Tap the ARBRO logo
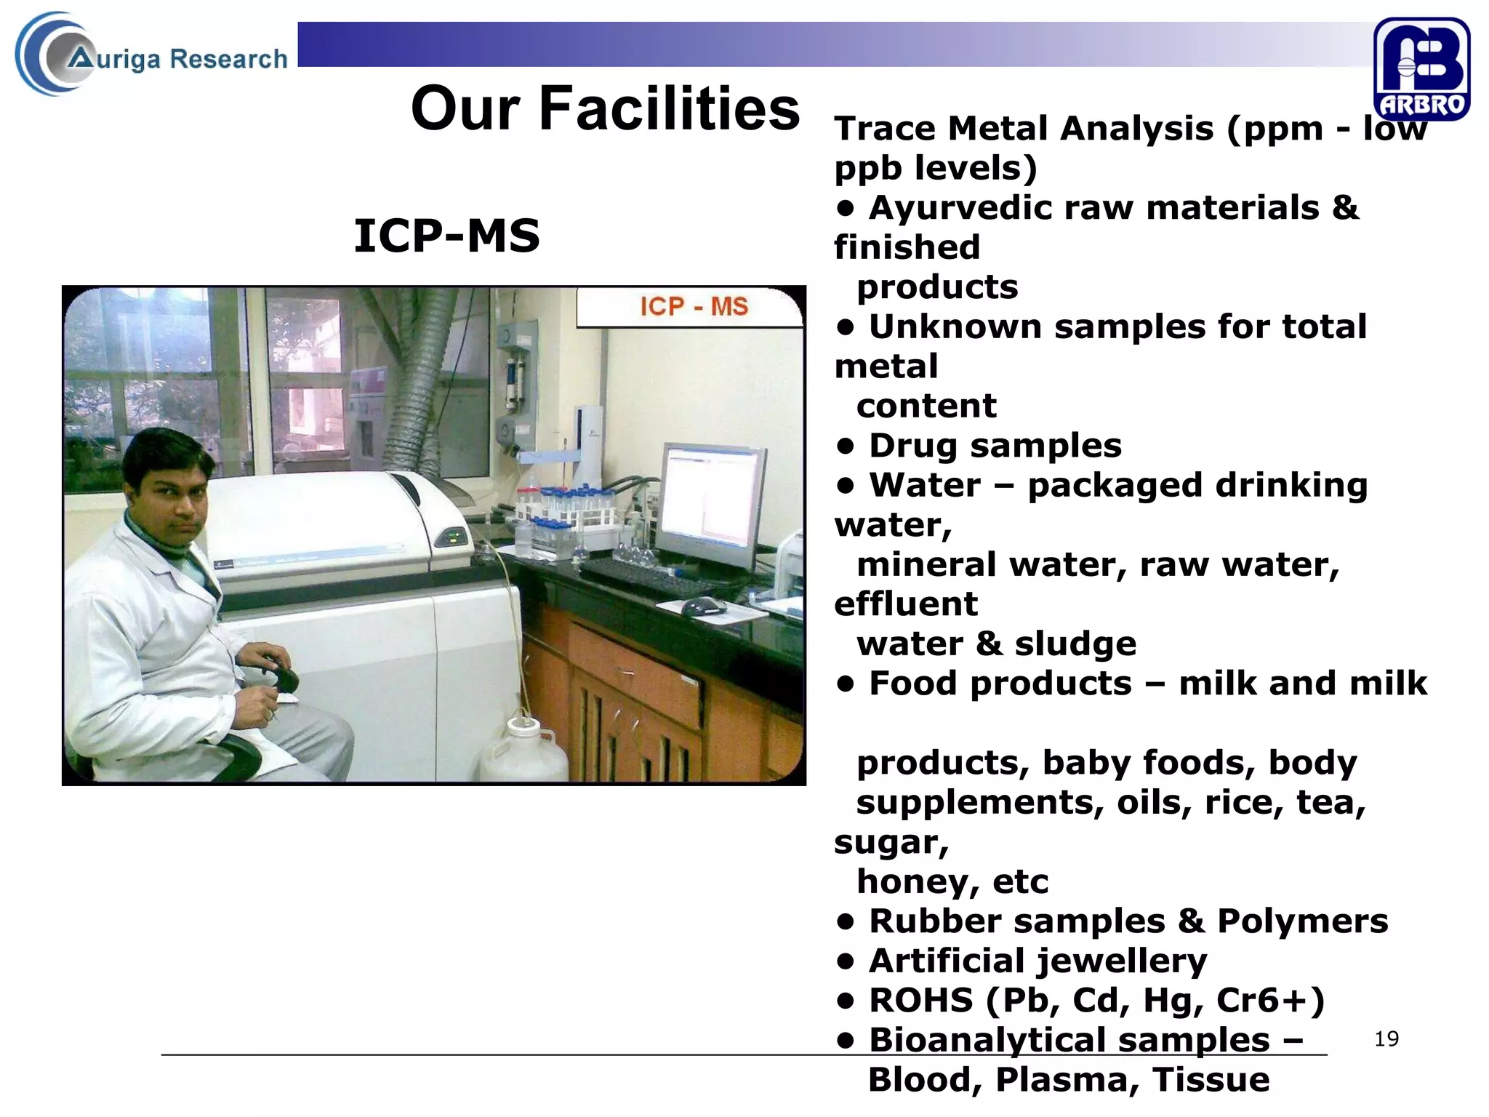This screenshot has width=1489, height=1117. click(x=1421, y=68)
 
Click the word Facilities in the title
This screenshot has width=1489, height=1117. click(x=669, y=109)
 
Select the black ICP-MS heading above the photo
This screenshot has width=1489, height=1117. click(x=446, y=236)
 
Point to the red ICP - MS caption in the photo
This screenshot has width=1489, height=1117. click(x=694, y=306)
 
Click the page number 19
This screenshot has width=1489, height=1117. click(x=1386, y=1038)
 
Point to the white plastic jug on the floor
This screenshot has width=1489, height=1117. click(x=522, y=749)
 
